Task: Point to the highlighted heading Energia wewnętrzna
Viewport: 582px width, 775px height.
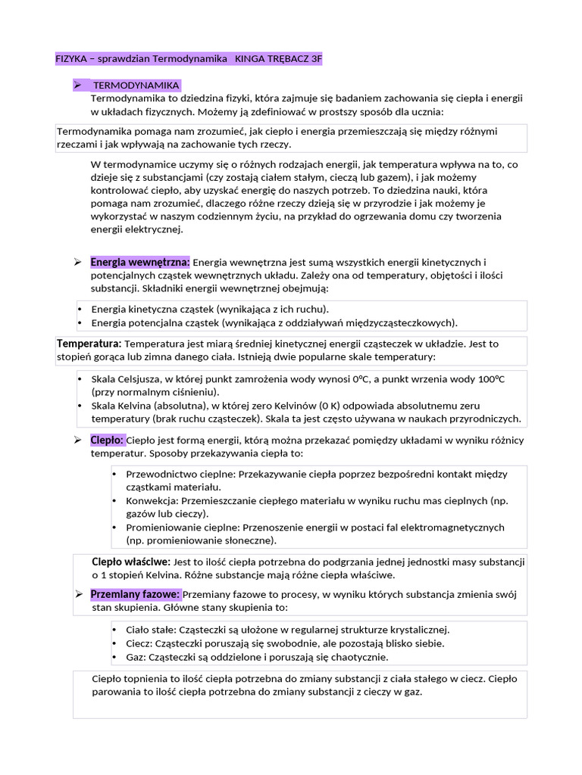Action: [140, 262]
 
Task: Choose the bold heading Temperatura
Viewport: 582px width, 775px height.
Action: [89, 344]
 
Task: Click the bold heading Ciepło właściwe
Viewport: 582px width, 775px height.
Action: [130, 562]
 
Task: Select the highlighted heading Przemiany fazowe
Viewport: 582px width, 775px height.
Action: [135, 594]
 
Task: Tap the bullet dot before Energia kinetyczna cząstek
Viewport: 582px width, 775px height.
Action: [80, 310]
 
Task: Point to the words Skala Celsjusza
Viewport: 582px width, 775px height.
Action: [125, 378]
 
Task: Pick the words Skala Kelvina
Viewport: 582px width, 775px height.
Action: [120, 406]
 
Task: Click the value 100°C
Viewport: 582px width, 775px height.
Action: [489, 378]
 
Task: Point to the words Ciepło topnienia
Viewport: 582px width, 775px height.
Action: [132, 678]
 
